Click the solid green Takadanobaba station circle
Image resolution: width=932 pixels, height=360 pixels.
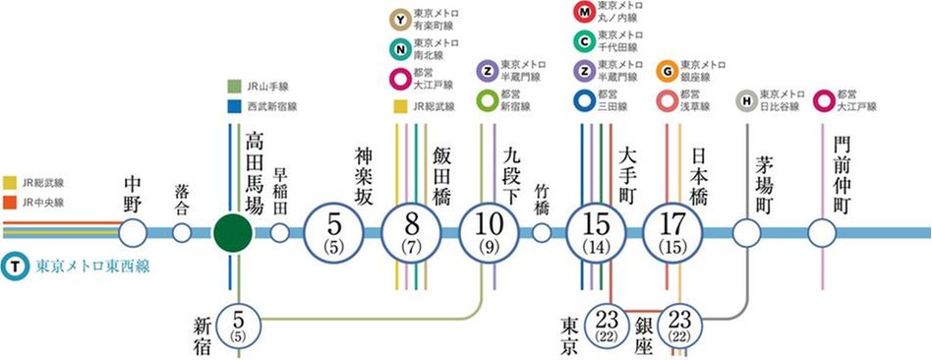(x=233, y=233)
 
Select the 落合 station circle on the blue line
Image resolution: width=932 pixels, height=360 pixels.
(x=182, y=233)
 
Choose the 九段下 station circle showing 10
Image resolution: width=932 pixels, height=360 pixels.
(x=488, y=233)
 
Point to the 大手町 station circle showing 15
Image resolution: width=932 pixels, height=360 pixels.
(x=597, y=233)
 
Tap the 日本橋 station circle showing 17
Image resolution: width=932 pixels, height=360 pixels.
(x=672, y=233)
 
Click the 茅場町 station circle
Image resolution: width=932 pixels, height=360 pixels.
(x=747, y=233)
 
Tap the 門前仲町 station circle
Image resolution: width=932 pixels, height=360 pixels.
(x=822, y=233)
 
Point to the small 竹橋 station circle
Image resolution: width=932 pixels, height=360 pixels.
(x=542, y=233)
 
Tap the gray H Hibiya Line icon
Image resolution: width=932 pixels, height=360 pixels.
(x=746, y=99)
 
